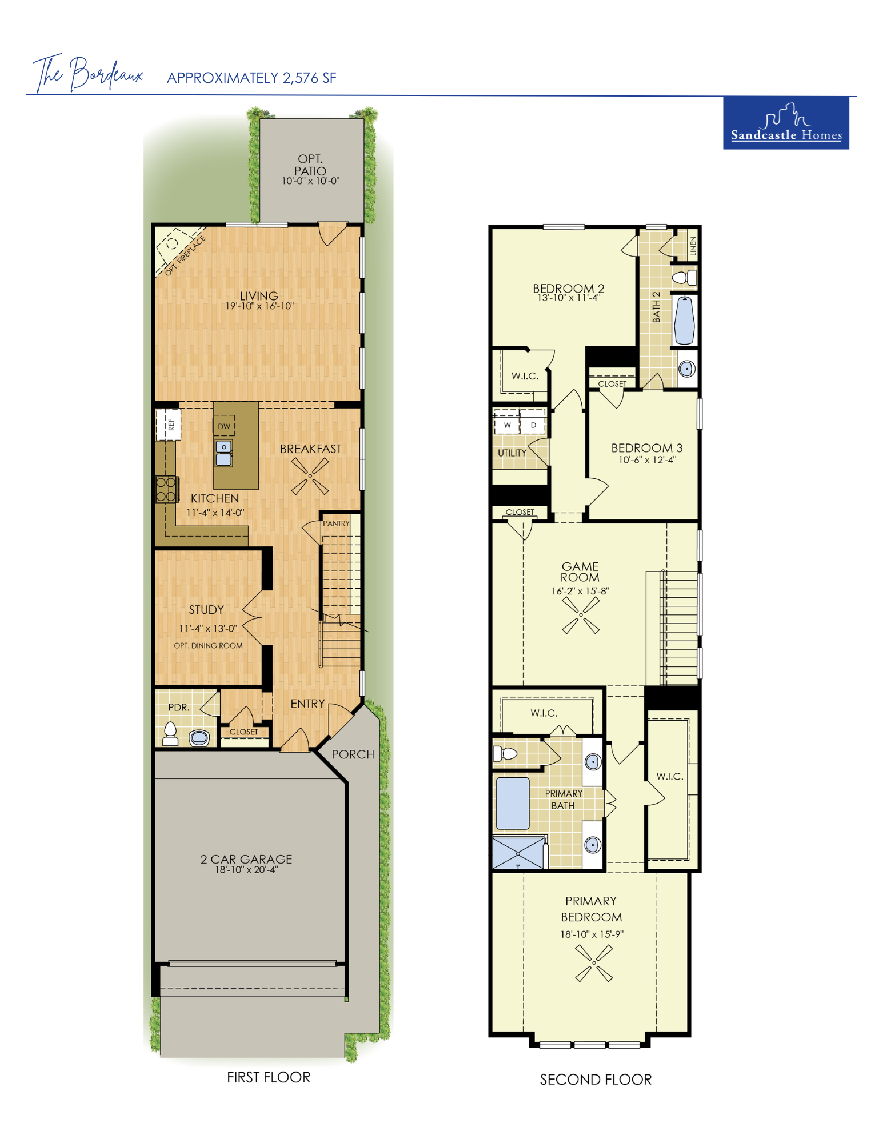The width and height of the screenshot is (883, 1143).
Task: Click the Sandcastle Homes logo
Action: coord(785,123)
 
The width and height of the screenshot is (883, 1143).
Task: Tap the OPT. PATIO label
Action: coord(310,165)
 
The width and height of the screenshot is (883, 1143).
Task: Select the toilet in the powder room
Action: coord(170,734)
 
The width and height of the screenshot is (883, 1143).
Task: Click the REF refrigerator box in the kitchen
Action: coord(169,424)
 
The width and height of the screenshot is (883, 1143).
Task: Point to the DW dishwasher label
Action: coord(224,426)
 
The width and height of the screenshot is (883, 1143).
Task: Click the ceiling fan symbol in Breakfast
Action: coord(310,476)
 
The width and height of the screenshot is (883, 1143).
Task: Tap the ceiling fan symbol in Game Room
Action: coord(581,615)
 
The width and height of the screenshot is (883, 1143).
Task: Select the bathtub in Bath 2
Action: coord(684,320)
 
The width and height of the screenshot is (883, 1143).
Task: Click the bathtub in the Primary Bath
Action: coord(513,803)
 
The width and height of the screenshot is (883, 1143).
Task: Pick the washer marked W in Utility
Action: coord(507,425)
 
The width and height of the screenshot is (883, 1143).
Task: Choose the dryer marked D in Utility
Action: coord(533,425)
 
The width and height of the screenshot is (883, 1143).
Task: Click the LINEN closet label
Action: coord(693,246)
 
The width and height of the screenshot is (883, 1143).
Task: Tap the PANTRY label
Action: coord(336,523)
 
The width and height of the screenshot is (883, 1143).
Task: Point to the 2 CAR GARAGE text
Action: coord(246,859)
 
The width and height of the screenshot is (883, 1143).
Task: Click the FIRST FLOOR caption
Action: coord(269,1077)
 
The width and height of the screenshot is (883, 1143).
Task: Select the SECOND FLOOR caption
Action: coord(596,1080)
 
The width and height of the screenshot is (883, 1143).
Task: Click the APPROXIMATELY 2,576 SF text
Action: coord(251,78)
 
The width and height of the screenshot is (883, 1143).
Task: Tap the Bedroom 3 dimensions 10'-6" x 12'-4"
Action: coord(647,460)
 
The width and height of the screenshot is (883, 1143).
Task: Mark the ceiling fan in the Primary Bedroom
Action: coord(594,963)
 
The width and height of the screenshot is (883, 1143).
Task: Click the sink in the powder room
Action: coord(199,737)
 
